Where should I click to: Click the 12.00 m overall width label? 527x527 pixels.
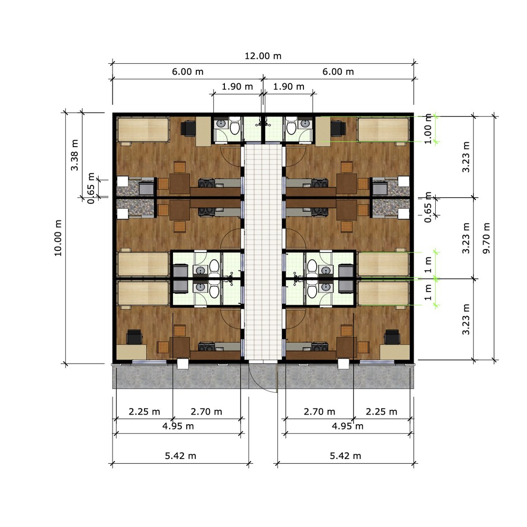(263, 56)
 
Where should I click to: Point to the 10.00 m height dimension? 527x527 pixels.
(58, 238)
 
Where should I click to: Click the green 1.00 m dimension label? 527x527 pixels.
(429, 129)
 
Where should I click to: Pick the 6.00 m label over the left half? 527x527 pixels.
(188, 72)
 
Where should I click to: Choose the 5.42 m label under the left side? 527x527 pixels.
(180, 456)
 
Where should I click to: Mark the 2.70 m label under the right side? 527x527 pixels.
(319, 411)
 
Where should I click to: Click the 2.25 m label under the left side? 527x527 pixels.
(144, 411)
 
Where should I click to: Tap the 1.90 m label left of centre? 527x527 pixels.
(237, 87)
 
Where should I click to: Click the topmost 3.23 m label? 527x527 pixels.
(466, 156)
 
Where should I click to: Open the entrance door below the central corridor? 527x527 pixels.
(263, 378)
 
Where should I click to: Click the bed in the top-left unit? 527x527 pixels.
(143, 129)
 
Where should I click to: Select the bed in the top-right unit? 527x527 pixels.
(383, 129)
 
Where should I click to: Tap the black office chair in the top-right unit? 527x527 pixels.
(338, 128)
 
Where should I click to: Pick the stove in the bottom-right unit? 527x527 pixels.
(320, 347)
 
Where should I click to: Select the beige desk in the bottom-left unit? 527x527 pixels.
(131, 352)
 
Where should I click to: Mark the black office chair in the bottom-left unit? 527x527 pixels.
(134, 337)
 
